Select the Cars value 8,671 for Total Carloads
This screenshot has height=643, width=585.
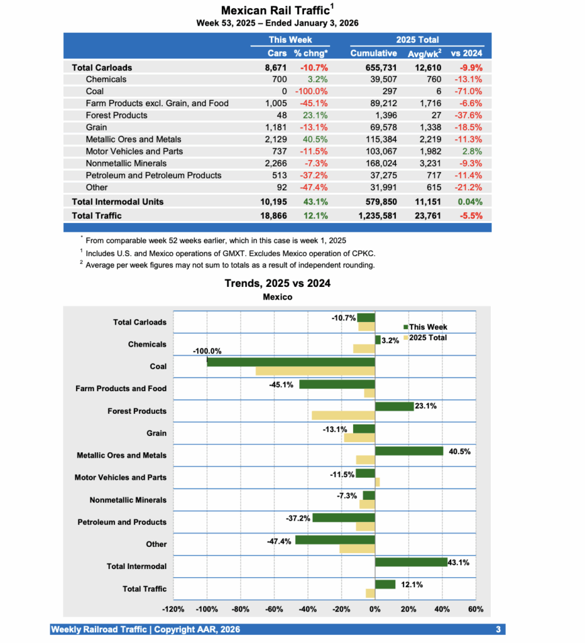[x=276, y=67]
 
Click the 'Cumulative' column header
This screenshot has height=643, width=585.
[x=373, y=53]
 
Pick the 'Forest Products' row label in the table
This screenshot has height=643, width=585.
[x=116, y=115]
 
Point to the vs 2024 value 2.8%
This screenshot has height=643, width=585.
[x=473, y=151]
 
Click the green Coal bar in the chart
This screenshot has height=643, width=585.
[x=290, y=362]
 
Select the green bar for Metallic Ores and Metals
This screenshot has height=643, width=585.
[x=409, y=451]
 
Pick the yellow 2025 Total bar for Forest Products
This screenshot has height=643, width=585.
[x=343, y=415]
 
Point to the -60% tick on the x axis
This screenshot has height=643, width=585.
[x=274, y=609]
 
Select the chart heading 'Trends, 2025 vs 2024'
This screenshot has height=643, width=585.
[x=278, y=283]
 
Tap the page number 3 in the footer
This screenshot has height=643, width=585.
[x=498, y=629]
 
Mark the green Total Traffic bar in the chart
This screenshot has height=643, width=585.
[x=385, y=585]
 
